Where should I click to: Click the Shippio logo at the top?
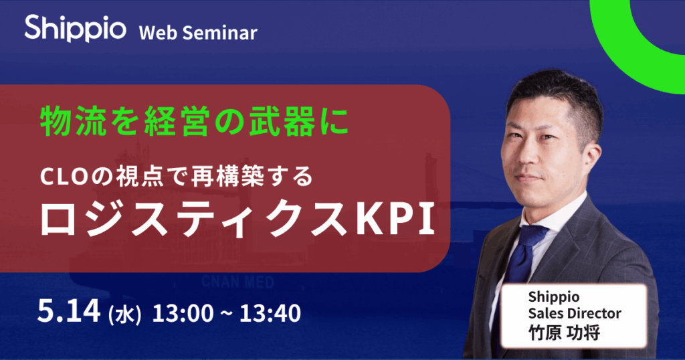click(x=75, y=28)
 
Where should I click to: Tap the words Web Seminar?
click(x=198, y=33)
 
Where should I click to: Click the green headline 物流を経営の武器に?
click(x=195, y=121)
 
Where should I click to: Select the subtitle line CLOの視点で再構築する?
click(x=177, y=177)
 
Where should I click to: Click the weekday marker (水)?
click(x=124, y=314)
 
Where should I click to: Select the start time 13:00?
click(x=183, y=313)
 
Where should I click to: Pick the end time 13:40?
click(x=270, y=313)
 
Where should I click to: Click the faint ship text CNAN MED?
click(x=237, y=282)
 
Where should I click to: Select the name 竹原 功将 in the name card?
click(x=565, y=333)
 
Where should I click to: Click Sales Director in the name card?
click(x=575, y=313)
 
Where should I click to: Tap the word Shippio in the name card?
click(x=554, y=298)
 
